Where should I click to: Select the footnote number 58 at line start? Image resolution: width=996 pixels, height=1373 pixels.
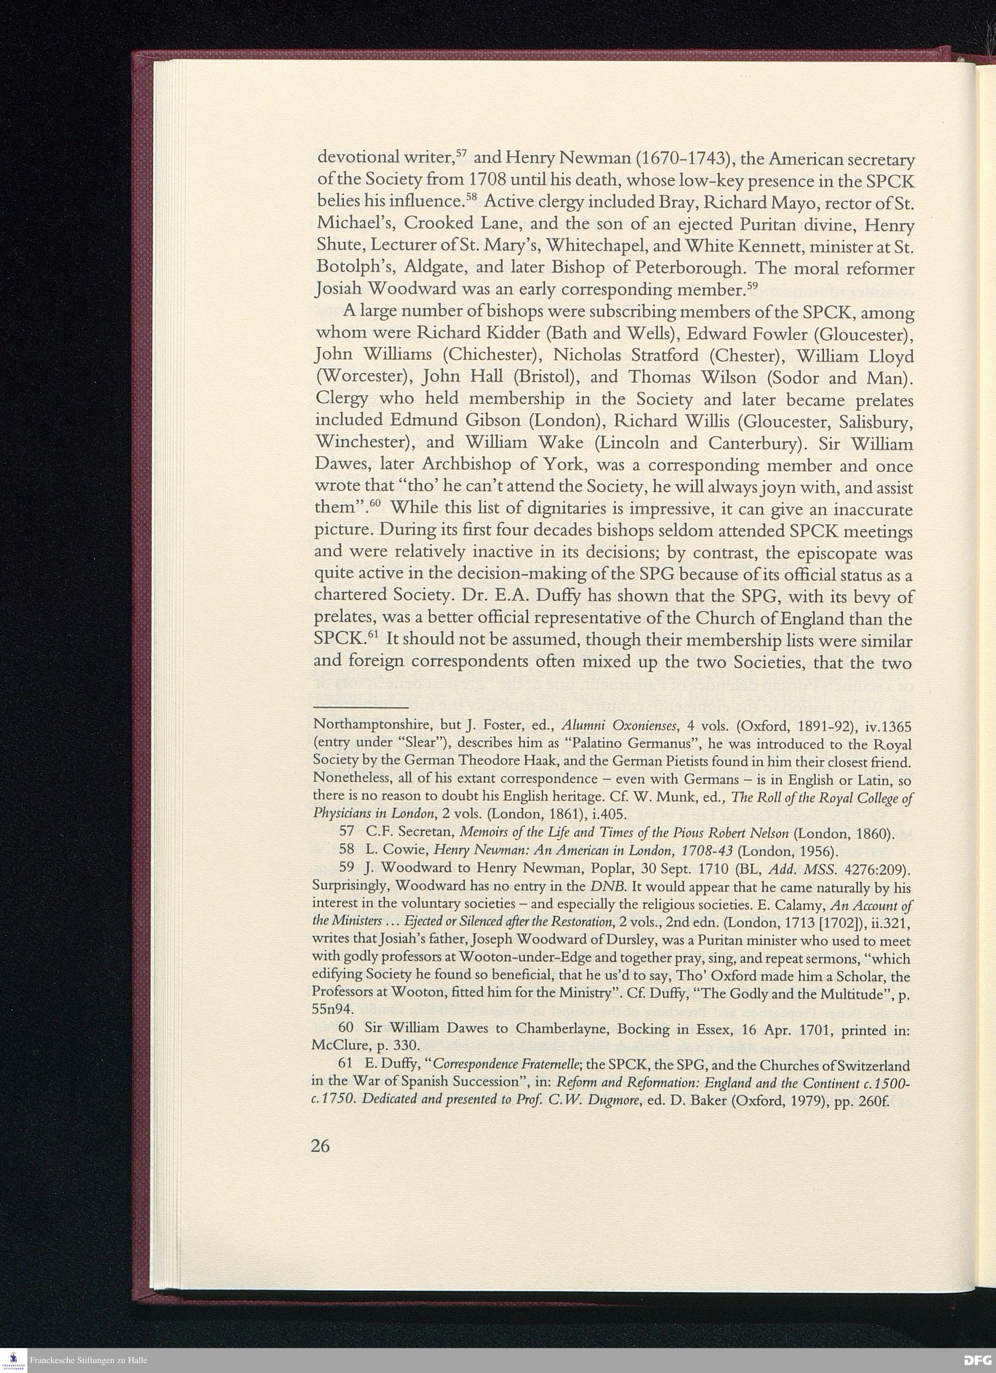click(x=347, y=853)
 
